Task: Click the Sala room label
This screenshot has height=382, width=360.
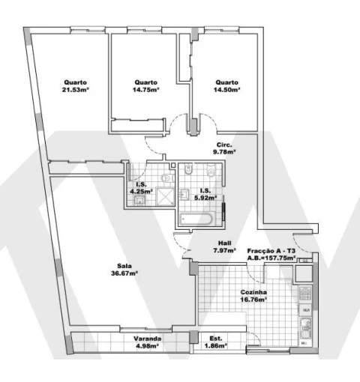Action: pyautogui.click(x=124, y=266)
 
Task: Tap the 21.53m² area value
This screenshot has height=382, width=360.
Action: pyautogui.click(x=76, y=90)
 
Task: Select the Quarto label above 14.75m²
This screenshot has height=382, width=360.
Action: pyautogui.click(x=146, y=82)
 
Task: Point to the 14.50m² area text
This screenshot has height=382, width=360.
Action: pyautogui.click(x=226, y=90)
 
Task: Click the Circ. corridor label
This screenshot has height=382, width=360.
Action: pyautogui.click(x=224, y=145)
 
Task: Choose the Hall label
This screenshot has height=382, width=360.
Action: pyautogui.click(x=225, y=243)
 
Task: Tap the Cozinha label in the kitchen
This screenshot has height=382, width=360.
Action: pyautogui.click(x=253, y=292)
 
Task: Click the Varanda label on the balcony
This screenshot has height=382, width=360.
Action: pyautogui.click(x=147, y=339)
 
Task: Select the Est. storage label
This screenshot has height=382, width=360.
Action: pyautogui.click(x=216, y=339)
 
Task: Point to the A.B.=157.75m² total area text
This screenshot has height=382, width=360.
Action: pyautogui.click(x=271, y=258)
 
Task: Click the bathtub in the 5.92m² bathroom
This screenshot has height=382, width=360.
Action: pyautogui.click(x=196, y=219)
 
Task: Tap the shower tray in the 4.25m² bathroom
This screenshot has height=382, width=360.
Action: pyautogui.click(x=165, y=196)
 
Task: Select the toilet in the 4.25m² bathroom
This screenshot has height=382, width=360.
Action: pyautogui.click(x=167, y=178)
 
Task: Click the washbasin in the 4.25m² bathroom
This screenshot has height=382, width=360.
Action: pyautogui.click(x=139, y=200)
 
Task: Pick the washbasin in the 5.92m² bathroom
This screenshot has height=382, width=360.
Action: pyautogui.click(x=184, y=194)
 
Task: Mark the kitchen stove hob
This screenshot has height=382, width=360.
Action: pyautogui.click(x=305, y=294)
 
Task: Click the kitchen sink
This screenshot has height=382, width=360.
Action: pyautogui.click(x=305, y=328)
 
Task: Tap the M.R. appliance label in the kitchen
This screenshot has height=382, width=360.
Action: pyautogui.click(x=306, y=310)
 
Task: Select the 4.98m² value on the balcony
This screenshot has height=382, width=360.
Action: pyautogui.click(x=147, y=346)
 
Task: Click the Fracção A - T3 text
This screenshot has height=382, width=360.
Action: pyautogui.click(x=271, y=251)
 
